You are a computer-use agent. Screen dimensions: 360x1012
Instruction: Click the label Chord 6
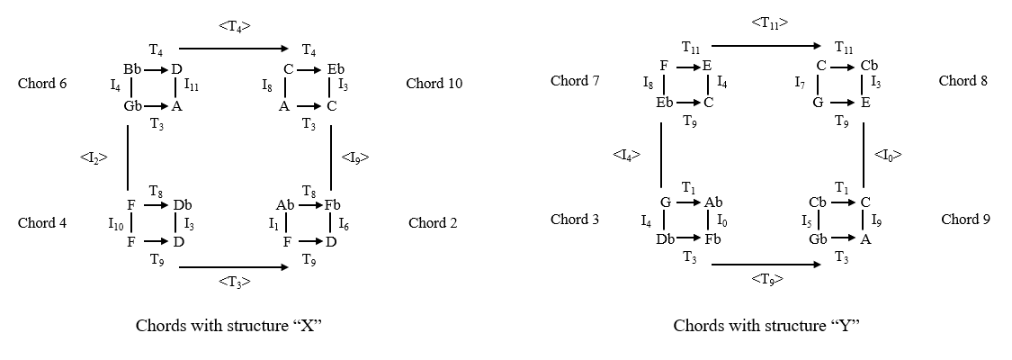coord(41,84)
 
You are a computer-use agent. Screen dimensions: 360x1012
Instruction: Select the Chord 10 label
coord(434,84)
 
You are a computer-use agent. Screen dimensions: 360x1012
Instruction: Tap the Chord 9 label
coord(965,219)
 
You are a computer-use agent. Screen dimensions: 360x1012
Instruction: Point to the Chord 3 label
coord(574,219)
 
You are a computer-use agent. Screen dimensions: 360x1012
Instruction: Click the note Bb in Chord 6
coord(132,68)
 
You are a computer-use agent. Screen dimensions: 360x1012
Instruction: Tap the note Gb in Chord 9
coord(818,238)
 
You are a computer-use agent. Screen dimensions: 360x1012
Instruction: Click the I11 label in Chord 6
coord(192,86)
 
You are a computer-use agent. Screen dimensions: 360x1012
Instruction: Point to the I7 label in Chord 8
coord(801,84)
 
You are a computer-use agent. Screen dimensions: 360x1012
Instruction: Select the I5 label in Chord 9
coord(809,220)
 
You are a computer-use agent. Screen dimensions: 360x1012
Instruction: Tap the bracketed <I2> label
coord(94,157)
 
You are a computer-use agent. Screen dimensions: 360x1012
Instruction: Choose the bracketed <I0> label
coord(888,156)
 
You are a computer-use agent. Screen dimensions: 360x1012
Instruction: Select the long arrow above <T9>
coord(766,264)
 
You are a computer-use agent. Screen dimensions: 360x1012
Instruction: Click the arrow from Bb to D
coord(154,68)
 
